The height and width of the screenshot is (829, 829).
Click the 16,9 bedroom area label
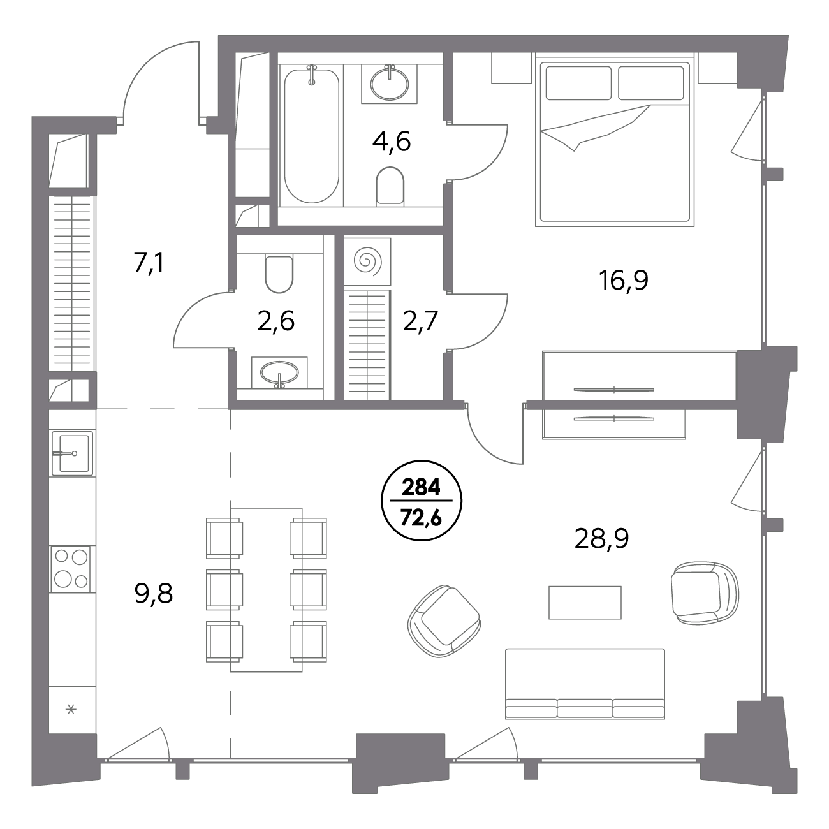(x=624, y=281)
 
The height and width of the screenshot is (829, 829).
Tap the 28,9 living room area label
(x=601, y=538)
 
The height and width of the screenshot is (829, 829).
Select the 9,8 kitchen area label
(x=154, y=594)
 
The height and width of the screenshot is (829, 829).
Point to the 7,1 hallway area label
(x=149, y=263)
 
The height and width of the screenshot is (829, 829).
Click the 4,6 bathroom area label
(x=392, y=142)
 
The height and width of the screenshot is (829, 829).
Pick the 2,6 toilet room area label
(x=275, y=321)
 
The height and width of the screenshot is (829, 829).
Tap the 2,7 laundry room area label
(x=420, y=321)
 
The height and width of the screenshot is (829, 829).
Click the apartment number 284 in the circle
(x=421, y=488)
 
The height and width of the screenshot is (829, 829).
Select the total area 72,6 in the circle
(x=421, y=518)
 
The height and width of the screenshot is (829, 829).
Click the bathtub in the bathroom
(x=311, y=134)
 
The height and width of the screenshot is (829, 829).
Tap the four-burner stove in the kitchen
(x=71, y=569)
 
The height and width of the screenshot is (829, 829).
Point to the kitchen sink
(x=72, y=453)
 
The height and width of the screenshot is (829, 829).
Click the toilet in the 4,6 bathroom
(x=390, y=186)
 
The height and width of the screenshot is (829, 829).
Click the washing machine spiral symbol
(x=367, y=260)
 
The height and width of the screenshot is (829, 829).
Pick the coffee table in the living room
(x=585, y=602)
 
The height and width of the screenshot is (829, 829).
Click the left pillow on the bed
(x=578, y=83)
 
